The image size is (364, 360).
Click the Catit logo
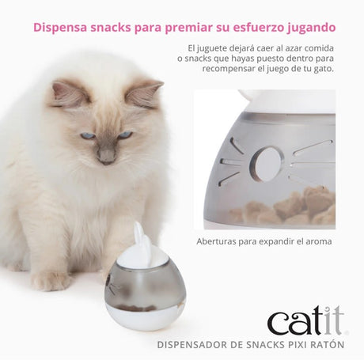[x=305, y=321]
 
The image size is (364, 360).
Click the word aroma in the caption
[x=315, y=241]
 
